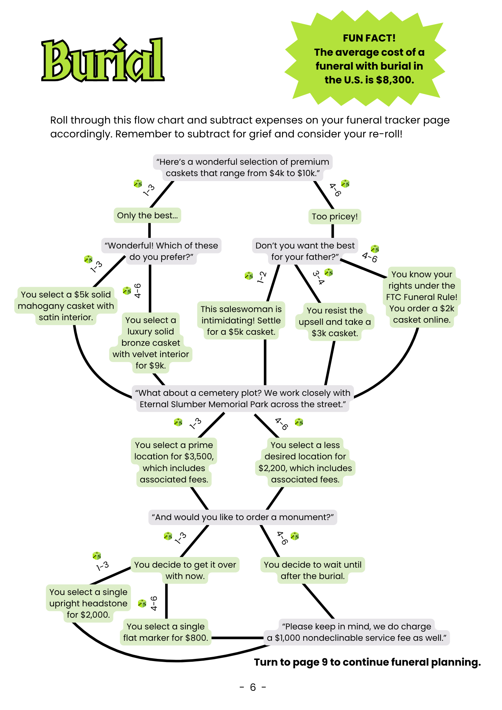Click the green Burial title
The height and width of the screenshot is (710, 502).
pos(103,60)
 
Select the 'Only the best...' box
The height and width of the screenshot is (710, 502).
pos(147,215)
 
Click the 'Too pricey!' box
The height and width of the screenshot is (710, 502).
pos(335,217)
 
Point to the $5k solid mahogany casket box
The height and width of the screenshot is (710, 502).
pos(66,306)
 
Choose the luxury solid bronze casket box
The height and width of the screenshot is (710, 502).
pos(151,343)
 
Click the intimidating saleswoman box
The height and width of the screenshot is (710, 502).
pos(241,321)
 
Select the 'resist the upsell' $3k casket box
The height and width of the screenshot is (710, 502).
pos(335,322)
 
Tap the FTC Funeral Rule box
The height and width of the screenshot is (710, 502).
pos(422,297)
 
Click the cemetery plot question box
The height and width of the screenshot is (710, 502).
pos(243,399)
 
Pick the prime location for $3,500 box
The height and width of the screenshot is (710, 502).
pos(174,462)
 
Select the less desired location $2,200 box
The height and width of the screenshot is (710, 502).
pos(305,462)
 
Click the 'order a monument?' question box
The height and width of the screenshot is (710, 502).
pos(243,517)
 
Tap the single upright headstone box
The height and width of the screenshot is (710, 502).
pos(88,603)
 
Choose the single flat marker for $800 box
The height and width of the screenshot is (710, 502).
pos(166,632)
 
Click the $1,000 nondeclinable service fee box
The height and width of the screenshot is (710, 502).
pos(357,632)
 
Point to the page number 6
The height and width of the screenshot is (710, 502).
pos(253,687)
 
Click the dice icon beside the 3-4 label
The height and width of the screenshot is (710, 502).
pos(329,272)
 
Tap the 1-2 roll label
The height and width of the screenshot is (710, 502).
pos(262,277)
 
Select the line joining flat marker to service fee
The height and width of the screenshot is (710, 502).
pos(238,638)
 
